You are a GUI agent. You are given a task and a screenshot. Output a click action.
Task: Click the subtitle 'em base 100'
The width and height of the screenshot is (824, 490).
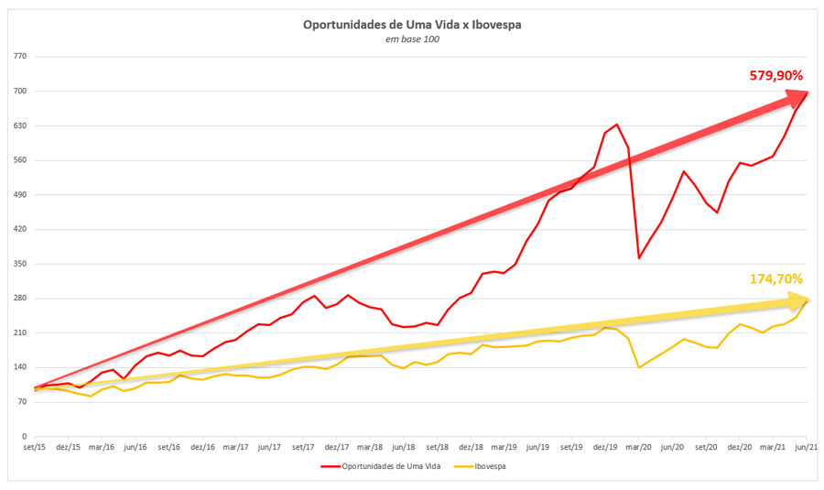click(412, 39)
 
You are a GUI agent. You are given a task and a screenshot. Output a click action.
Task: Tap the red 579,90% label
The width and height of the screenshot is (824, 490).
click(776, 75)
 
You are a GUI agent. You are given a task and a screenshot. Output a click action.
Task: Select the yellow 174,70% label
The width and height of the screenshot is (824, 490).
click(776, 278)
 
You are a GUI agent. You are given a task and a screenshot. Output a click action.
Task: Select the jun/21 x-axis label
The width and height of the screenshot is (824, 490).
click(807, 448)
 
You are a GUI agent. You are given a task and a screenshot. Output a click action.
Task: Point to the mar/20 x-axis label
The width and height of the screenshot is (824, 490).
click(638, 448)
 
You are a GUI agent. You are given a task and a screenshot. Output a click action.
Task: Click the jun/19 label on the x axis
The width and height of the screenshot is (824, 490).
click(537, 448)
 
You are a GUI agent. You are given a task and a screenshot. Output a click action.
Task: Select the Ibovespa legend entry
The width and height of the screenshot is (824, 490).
click(489, 466)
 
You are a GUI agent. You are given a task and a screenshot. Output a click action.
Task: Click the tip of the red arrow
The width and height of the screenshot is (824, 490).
click(807, 92)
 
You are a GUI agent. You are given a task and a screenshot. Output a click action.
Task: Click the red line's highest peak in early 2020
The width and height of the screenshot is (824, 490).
click(616, 125)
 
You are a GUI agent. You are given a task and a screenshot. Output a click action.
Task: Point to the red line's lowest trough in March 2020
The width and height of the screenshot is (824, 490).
click(639, 258)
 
